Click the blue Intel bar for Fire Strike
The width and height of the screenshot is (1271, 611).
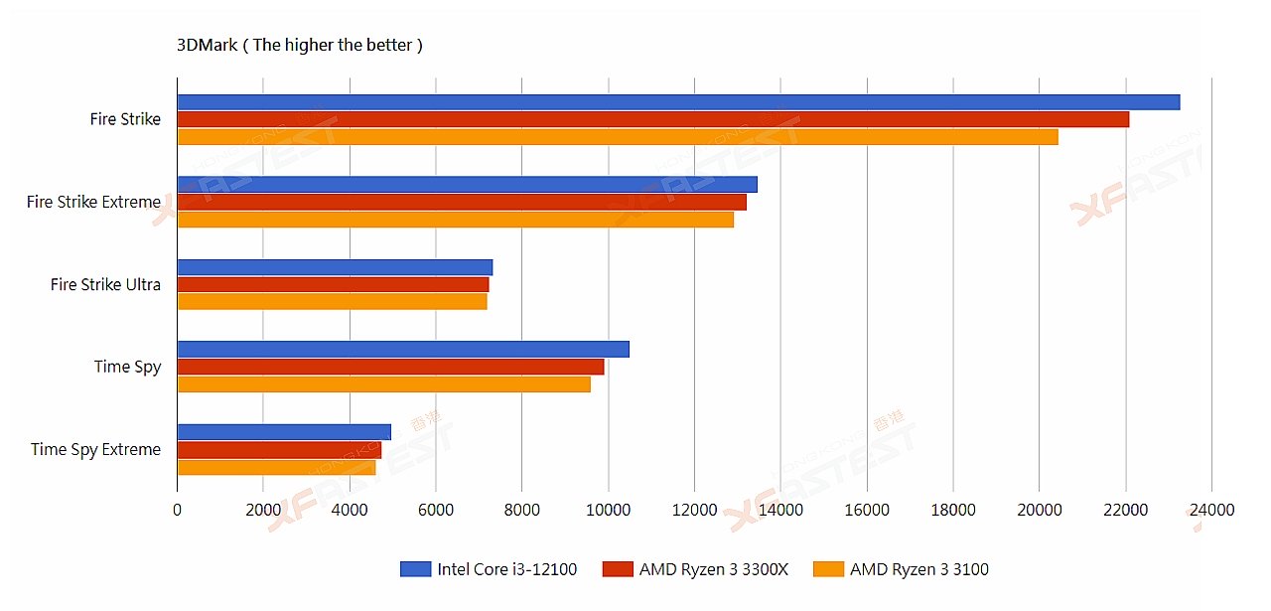tap(678, 102)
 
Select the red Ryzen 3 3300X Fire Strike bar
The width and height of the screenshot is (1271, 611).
tap(653, 119)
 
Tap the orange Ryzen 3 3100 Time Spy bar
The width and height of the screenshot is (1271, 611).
tap(383, 384)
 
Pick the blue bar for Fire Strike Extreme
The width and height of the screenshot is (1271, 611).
tap(467, 184)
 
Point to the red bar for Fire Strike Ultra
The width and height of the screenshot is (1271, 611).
tap(333, 284)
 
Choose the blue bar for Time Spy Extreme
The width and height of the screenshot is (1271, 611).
tap(284, 432)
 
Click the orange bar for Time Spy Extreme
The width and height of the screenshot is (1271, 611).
tap(276, 467)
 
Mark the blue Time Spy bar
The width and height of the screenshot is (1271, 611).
tap(403, 349)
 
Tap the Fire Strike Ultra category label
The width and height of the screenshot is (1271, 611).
tap(105, 284)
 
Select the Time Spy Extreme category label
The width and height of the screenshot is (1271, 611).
tap(95, 449)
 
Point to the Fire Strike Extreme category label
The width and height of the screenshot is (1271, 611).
tap(93, 202)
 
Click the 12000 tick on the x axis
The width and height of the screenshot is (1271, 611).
tap(695, 510)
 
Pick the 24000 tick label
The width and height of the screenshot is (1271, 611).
tap(1211, 510)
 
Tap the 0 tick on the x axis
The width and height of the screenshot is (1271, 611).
tap(177, 510)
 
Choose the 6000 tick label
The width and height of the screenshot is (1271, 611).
tap(435, 510)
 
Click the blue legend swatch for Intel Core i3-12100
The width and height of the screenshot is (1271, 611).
tap(414, 569)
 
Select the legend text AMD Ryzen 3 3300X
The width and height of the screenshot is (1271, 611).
tap(713, 569)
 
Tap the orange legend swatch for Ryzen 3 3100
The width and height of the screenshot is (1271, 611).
tap(827, 569)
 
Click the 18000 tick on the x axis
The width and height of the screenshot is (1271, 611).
tap(953, 510)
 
